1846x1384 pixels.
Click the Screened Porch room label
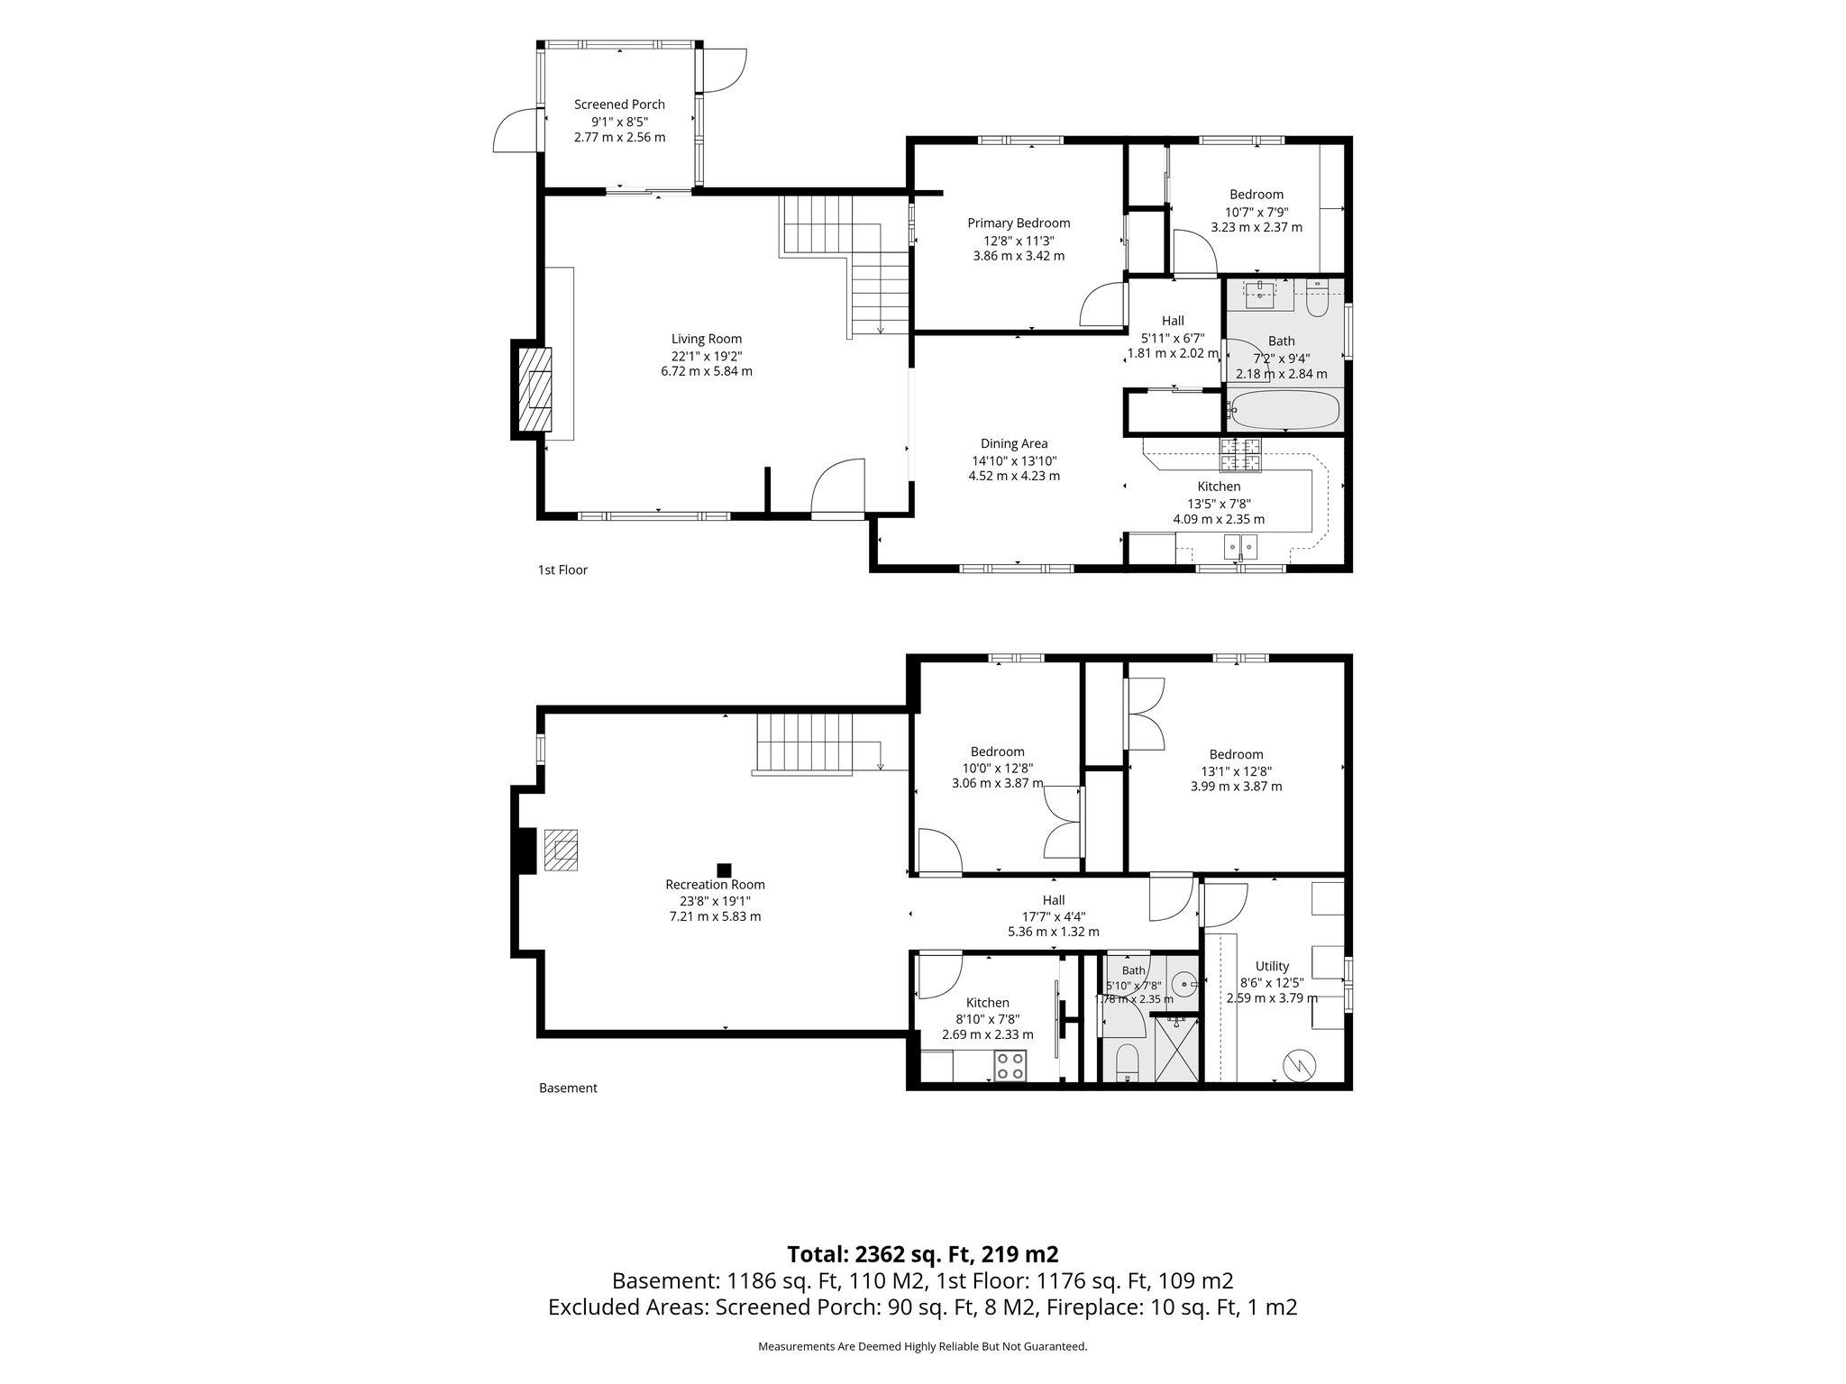pyautogui.click(x=620, y=105)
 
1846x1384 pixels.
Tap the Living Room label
pyautogui.click(x=707, y=339)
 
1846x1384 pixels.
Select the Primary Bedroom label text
pyautogui.click(x=1019, y=223)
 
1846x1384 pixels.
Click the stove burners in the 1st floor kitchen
pyautogui.click(x=1243, y=455)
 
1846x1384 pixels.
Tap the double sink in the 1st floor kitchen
pyautogui.click(x=1241, y=547)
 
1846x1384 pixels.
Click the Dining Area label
pyautogui.click(x=1014, y=443)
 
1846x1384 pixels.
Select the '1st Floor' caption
pyautogui.click(x=562, y=569)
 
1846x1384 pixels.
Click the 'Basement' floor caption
pyautogui.click(x=568, y=1088)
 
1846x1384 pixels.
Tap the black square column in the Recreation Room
pyautogui.click(x=723, y=870)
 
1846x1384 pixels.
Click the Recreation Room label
pyautogui.click(x=715, y=885)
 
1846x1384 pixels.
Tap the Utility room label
pyautogui.click(x=1272, y=967)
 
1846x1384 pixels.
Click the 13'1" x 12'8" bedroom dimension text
pyautogui.click(x=1236, y=771)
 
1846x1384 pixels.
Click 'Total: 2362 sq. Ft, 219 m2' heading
pyautogui.click(x=922, y=1254)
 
